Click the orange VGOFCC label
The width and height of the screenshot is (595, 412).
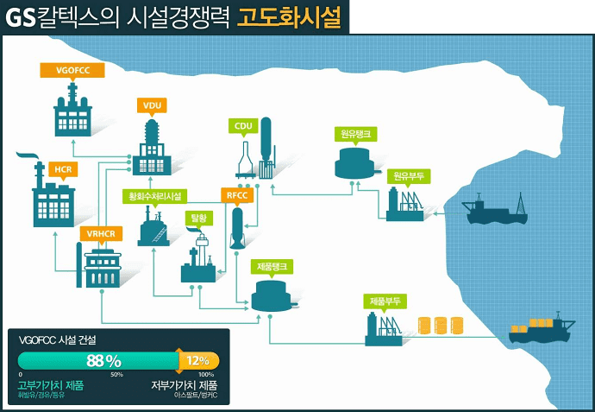pos(72,69)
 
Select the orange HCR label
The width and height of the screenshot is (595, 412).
pos(62,168)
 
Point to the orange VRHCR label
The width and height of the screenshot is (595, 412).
pos(100,234)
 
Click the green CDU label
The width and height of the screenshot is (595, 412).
pos(244,125)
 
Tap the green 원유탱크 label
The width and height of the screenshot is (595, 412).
pos(354,134)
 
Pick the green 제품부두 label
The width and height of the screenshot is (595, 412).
pos(384,301)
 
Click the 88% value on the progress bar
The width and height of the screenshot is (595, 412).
pos(104,360)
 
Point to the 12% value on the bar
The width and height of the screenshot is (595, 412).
pos(198,360)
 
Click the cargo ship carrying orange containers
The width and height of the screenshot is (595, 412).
pos(540,330)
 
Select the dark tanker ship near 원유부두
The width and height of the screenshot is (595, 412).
pos(496,210)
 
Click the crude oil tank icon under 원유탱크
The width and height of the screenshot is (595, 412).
pos(354,161)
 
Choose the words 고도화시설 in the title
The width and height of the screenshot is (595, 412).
pos(289,16)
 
